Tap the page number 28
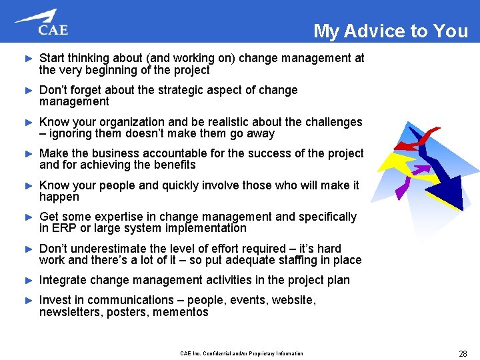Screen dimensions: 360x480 point(463,353)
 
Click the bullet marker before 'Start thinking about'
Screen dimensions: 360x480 point(28,59)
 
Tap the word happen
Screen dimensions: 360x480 point(59,197)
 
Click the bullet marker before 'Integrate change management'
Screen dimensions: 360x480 point(28,280)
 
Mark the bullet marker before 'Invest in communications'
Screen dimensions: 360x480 point(28,300)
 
